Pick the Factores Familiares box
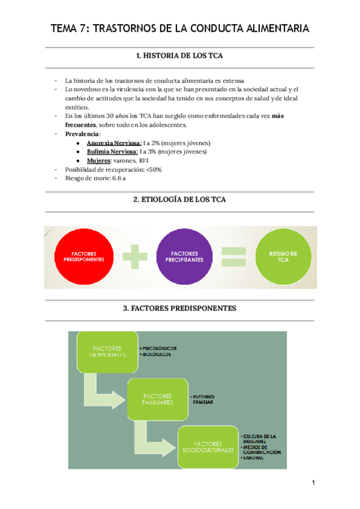158,399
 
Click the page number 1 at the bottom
313,483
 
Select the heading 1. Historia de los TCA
180,56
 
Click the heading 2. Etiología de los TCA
180,199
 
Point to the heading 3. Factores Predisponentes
180,309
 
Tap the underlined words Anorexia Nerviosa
114,143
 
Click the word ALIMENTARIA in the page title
268,28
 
